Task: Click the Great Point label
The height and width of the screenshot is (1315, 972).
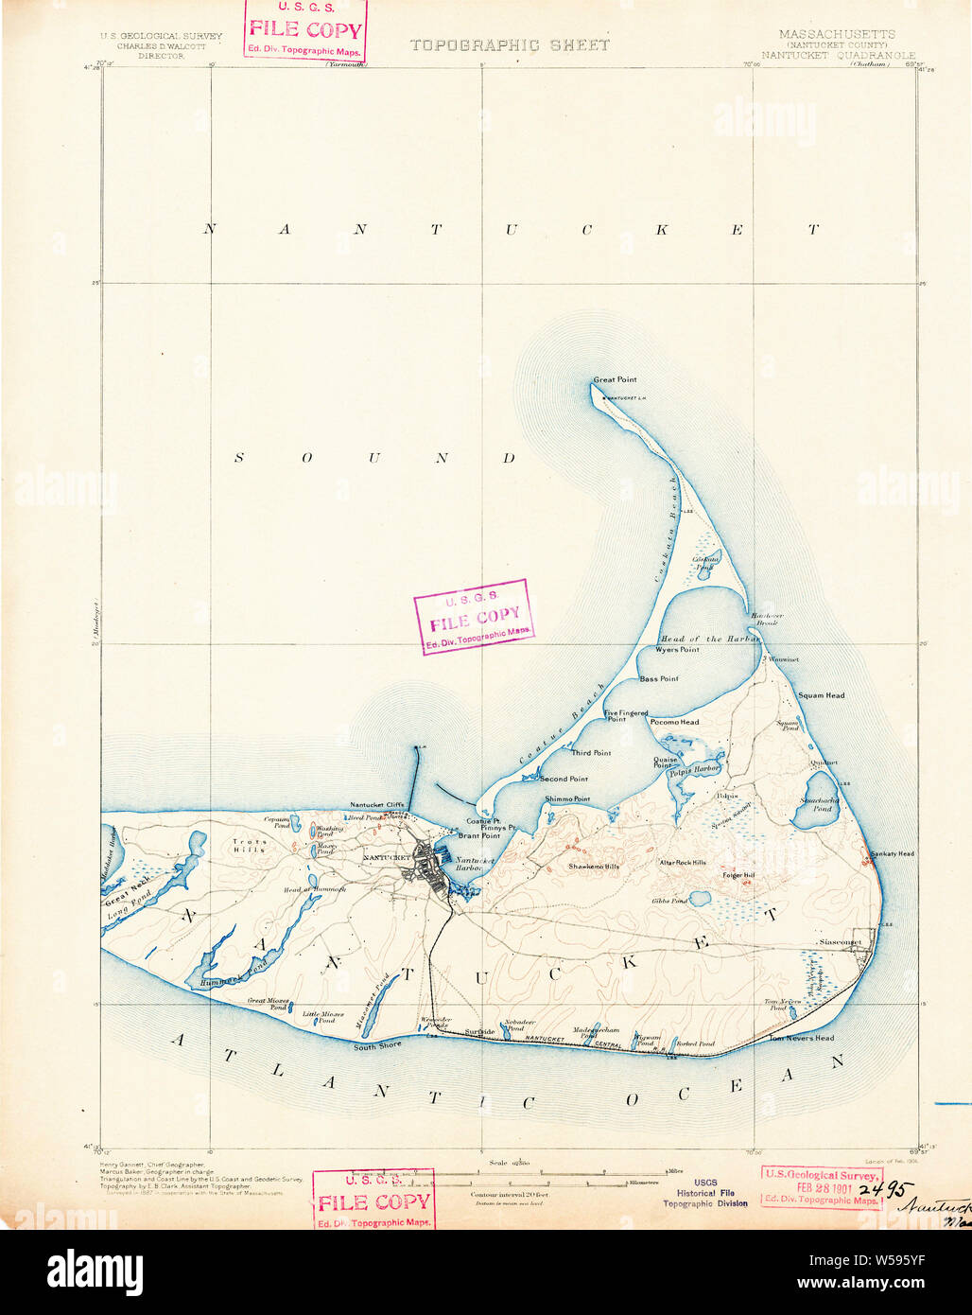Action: click(615, 380)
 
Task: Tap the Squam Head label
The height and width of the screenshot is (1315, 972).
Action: click(821, 695)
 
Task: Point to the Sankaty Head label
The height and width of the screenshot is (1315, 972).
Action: click(893, 853)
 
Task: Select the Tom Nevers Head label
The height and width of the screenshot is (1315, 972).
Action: click(801, 1038)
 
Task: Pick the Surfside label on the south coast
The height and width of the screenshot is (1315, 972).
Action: click(480, 1030)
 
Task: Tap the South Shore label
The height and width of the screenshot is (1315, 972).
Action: click(377, 1046)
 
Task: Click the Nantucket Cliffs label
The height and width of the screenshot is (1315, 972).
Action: click(377, 805)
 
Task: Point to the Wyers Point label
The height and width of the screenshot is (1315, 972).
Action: click(677, 650)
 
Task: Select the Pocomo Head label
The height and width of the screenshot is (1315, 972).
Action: click(674, 722)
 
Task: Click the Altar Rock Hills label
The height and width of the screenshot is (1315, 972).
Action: click(683, 863)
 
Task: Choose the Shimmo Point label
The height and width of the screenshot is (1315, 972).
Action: click(567, 799)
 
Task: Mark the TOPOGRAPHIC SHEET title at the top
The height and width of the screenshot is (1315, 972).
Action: click(509, 44)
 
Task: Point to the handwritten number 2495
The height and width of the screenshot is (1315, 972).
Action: click(888, 1188)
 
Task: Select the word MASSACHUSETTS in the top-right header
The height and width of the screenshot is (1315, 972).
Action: click(836, 34)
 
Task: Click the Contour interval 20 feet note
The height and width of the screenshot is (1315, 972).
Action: click(509, 1195)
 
